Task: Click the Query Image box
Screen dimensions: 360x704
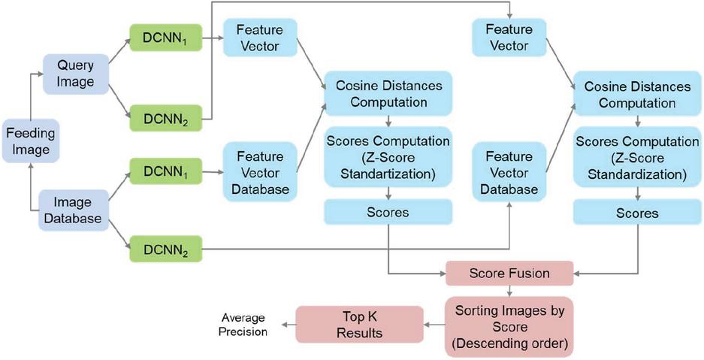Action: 76,74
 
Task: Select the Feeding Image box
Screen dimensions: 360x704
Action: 29,141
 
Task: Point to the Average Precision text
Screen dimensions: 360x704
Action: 243,325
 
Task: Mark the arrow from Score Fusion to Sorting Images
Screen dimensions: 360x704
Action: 509,289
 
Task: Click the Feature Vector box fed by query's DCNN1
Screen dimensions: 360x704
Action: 259,37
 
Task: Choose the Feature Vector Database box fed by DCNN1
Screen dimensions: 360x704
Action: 259,172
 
